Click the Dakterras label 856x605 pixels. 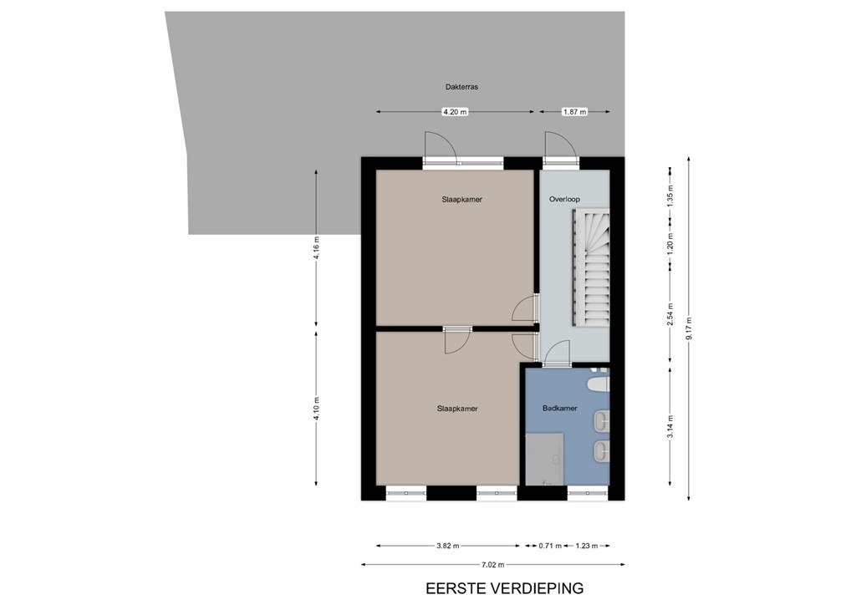point(461,86)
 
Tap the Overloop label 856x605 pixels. point(564,199)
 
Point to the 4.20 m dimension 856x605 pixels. point(455,112)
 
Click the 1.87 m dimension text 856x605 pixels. point(575,112)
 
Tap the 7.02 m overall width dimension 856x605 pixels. point(493,566)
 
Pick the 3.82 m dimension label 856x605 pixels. point(447,547)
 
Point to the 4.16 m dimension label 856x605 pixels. point(316,248)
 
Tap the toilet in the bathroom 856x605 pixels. point(598,384)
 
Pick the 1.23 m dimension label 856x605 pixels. point(587,547)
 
